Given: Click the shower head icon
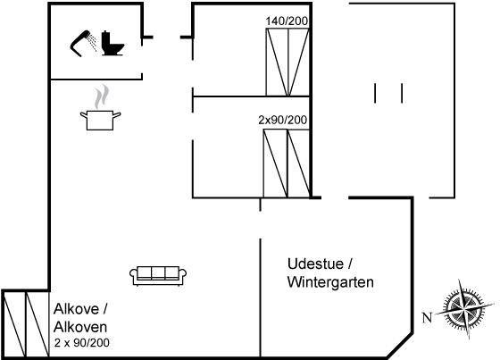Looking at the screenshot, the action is point(80,43).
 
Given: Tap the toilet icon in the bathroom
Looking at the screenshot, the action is point(112,44).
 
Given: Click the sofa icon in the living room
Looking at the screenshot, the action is point(158,275).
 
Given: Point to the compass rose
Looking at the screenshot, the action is point(464,309).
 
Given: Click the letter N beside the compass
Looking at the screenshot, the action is point(427,317).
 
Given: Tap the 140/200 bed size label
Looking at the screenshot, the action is point(287,21).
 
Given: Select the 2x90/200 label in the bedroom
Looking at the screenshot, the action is point(283,120).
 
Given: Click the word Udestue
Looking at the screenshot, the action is point(312,264).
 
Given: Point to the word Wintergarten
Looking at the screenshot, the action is point(330,282).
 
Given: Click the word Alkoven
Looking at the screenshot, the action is point(80,327).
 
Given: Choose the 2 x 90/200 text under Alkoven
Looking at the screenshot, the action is point(82,343).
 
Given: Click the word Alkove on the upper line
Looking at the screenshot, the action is point(76,309).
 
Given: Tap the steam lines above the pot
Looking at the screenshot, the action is point(102,96).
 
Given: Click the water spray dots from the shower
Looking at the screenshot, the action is point(93,43).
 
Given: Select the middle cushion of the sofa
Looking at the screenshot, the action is point(158,272).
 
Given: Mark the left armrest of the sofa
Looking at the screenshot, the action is point(133,276).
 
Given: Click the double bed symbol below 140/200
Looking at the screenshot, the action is point(287,63).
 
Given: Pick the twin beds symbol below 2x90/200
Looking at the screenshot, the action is point(287,163).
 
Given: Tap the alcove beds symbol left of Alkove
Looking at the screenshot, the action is point(26,324).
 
